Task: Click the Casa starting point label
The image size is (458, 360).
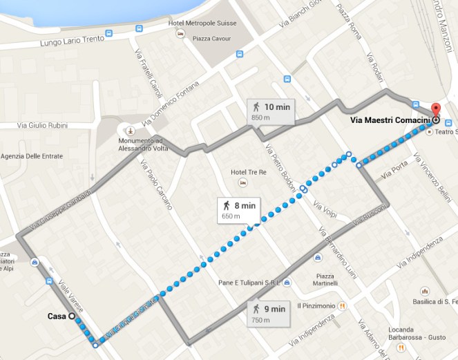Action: point(57,316)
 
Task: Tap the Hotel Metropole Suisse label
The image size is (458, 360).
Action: point(202,23)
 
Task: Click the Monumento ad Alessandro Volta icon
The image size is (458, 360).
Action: point(128,129)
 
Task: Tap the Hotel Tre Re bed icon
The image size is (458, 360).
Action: point(242,182)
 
